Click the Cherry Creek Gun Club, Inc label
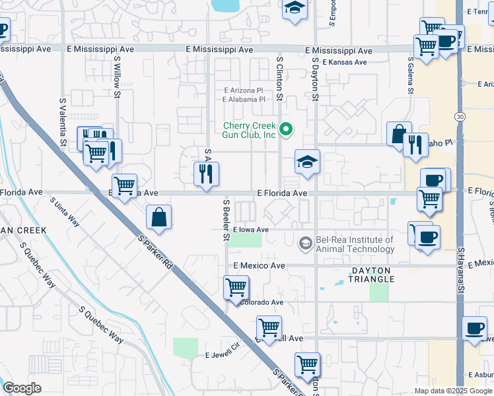coord(249,130)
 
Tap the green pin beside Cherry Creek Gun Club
coord(286,129)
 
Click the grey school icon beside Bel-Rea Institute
coord(305,244)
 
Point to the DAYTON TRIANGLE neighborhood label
coord(372,275)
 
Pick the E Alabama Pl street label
coord(244,100)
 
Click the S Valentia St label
coord(63,123)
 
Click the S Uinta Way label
coord(65,213)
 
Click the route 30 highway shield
coord(460,116)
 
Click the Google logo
coord(22,388)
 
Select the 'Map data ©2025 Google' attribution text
coord(452,391)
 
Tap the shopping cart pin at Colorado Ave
coord(236,287)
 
